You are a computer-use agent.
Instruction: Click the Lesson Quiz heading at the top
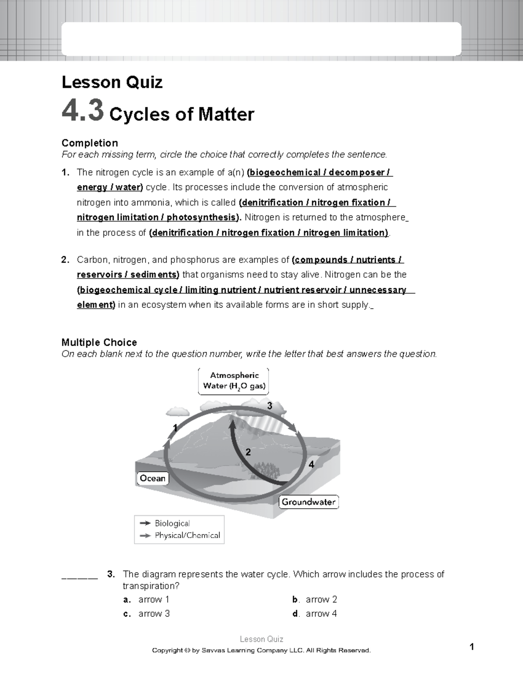(x=112, y=82)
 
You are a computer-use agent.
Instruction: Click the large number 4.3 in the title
(x=83, y=111)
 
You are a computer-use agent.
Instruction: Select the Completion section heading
(x=90, y=143)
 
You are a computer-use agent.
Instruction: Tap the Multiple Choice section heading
(x=99, y=342)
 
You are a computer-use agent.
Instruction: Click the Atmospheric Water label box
(x=234, y=381)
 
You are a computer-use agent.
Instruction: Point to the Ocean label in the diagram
(x=153, y=478)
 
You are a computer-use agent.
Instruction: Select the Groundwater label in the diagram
(x=309, y=502)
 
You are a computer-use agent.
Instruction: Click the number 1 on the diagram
(x=175, y=428)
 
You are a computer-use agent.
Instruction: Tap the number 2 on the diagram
(x=248, y=452)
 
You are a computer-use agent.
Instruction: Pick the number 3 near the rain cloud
(x=270, y=406)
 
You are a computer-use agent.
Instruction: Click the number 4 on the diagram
(x=311, y=465)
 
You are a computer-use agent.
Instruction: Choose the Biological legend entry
(x=172, y=523)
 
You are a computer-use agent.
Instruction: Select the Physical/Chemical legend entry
(x=187, y=535)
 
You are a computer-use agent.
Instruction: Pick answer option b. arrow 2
(x=321, y=599)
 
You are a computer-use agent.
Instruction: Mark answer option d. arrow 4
(x=321, y=614)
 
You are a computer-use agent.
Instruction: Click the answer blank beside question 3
(x=80, y=576)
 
